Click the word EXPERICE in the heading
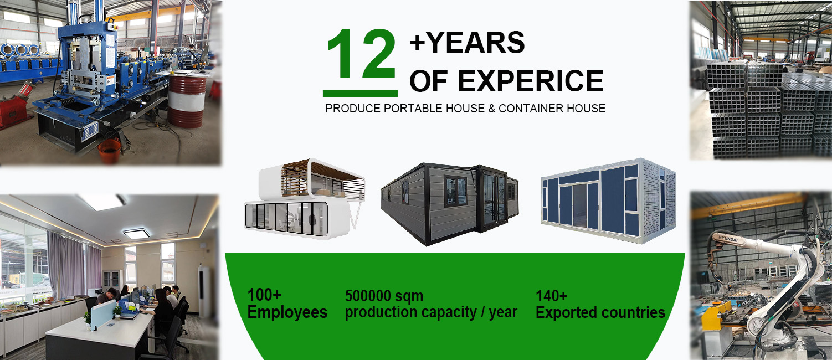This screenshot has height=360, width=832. [531, 81]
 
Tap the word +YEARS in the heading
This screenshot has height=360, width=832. [467, 42]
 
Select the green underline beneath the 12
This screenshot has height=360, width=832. [360, 93]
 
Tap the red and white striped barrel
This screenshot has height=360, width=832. [187, 101]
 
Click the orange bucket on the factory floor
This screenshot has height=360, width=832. [110, 151]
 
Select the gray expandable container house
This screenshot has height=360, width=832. [450, 203]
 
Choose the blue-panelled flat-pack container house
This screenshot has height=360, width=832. [608, 200]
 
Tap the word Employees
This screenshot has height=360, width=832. [287, 312]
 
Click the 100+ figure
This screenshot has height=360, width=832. [264, 295]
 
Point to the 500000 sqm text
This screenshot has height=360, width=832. [384, 296]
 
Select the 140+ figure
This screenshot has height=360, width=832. [551, 296]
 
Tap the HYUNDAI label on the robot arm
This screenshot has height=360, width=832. [728, 239]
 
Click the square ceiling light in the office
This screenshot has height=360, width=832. [136, 233]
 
